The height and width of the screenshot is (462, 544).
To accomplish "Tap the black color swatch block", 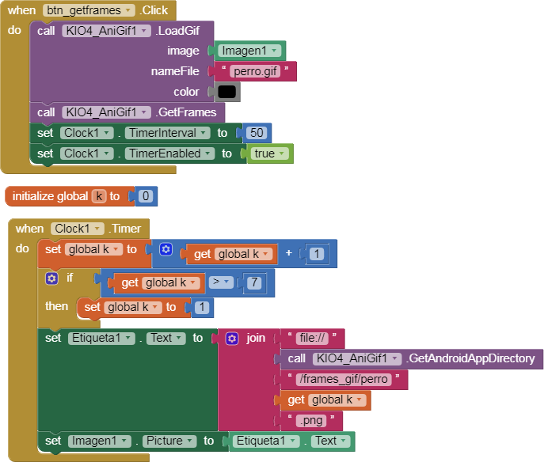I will [x=227, y=92].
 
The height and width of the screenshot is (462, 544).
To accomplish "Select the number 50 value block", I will [x=257, y=133].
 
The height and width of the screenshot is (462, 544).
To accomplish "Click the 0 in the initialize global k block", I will [x=146, y=196].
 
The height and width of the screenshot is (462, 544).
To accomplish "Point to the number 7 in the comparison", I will [x=253, y=282].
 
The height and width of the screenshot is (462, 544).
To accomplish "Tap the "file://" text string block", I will [x=313, y=338].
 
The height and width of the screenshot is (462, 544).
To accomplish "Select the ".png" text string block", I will [x=313, y=420].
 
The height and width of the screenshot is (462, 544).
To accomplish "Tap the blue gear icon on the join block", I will [x=232, y=338].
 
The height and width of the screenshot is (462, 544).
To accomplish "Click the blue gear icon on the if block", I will [x=51, y=278].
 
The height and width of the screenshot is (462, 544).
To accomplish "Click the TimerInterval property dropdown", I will [x=166, y=133].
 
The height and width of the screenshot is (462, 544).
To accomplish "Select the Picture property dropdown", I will [x=167, y=441].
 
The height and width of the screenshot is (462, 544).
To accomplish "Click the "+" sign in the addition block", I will [x=289, y=254].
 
